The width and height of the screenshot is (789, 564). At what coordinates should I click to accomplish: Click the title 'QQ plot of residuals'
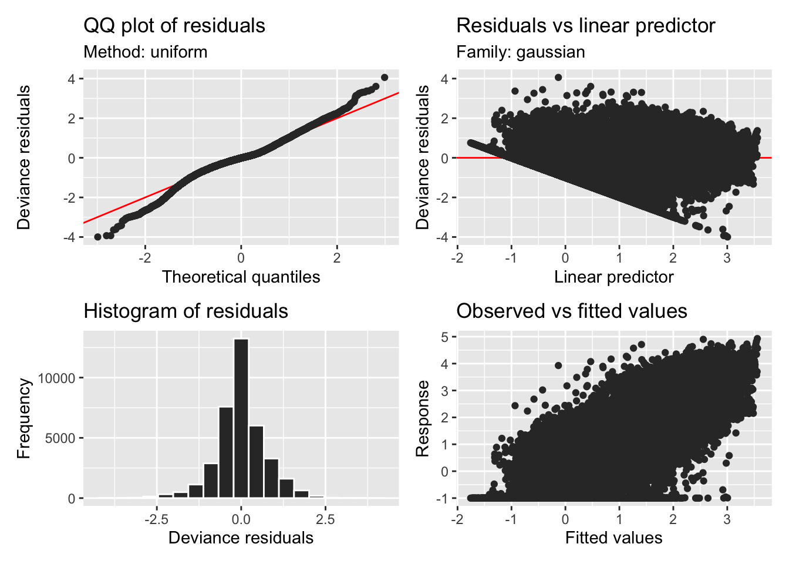(x=174, y=26)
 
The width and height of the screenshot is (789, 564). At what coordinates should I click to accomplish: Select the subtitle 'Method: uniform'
(x=146, y=52)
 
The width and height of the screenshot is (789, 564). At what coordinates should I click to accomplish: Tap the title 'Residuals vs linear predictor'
(x=585, y=26)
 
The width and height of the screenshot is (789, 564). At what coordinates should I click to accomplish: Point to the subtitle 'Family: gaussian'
(x=520, y=52)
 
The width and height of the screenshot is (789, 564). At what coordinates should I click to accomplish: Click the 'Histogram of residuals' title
(x=186, y=311)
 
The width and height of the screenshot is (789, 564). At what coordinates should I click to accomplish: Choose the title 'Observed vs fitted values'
(x=571, y=311)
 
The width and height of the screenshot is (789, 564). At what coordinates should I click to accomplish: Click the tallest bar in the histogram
(x=241, y=417)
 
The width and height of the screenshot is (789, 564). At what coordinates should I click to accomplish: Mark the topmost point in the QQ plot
(x=385, y=78)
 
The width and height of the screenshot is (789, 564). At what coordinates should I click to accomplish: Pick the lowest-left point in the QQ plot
(x=97, y=237)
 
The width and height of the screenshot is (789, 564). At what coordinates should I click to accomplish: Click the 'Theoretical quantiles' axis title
(x=241, y=277)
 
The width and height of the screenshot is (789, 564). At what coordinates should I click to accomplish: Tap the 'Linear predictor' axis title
(x=613, y=277)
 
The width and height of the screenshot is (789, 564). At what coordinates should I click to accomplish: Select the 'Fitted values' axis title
(x=613, y=538)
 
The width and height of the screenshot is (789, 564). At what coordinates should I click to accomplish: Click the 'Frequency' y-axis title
(x=23, y=418)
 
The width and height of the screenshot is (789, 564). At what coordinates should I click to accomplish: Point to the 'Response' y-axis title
(x=422, y=418)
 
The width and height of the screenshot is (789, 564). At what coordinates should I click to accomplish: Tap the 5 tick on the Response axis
(x=445, y=337)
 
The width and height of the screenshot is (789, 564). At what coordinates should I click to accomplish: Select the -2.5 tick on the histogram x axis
(x=157, y=519)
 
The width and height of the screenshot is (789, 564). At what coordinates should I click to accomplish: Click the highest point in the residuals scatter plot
(x=558, y=78)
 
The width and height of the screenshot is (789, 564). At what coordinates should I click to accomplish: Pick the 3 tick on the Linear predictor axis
(x=727, y=258)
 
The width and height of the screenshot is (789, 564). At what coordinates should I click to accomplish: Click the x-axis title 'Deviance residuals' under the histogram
(x=241, y=538)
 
